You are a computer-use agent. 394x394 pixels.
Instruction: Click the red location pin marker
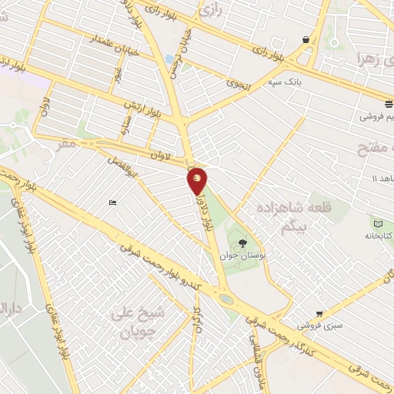198,181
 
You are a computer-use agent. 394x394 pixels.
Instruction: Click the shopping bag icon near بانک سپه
306,40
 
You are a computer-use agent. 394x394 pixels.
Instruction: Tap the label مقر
67,143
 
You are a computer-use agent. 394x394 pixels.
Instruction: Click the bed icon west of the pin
113,203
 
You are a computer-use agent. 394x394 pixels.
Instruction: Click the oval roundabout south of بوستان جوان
225,298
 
